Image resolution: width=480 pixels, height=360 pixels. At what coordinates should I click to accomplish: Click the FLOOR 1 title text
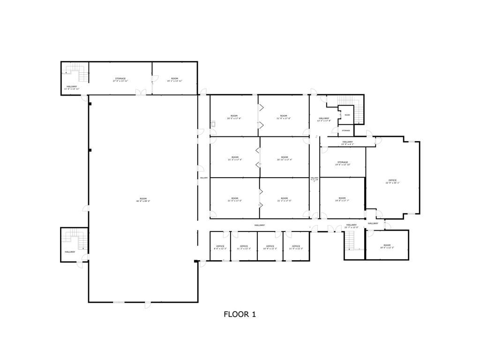point(240,315)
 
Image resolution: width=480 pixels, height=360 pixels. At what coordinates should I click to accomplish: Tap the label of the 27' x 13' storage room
point(120,80)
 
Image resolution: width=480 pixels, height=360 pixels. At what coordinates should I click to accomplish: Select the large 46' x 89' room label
point(143,200)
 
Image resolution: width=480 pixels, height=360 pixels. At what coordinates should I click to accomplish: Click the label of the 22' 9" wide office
point(392,181)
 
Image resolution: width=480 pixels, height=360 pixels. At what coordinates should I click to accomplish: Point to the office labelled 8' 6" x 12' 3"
point(220,247)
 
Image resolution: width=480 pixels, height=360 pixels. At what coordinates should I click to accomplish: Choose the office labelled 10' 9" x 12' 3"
point(270,247)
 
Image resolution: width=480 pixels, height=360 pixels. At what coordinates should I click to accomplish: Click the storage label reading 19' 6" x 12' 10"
point(342,163)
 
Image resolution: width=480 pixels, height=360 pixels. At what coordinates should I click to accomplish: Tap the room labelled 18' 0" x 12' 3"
point(387,246)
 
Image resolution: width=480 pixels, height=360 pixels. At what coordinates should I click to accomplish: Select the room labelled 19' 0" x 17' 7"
point(342,199)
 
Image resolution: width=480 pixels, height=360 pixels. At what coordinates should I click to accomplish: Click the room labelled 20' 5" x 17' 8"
point(234,117)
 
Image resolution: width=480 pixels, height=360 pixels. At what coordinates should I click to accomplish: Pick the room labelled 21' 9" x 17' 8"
point(284,117)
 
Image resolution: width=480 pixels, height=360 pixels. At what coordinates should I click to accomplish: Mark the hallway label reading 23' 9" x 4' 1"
point(347,143)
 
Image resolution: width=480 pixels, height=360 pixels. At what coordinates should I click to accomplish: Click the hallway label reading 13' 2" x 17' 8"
point(324,119)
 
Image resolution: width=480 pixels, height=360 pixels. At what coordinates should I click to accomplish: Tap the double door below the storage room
point(141,93)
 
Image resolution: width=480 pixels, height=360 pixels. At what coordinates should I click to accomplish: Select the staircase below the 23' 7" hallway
point(351,241)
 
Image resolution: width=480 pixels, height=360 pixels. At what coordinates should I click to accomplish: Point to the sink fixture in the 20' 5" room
point(213,124)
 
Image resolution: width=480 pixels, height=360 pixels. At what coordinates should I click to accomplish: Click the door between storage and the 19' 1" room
point(152,84)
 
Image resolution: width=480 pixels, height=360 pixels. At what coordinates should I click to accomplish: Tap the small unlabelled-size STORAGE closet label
point(345,130)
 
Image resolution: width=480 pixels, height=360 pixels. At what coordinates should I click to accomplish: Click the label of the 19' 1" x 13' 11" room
point(174,80)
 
